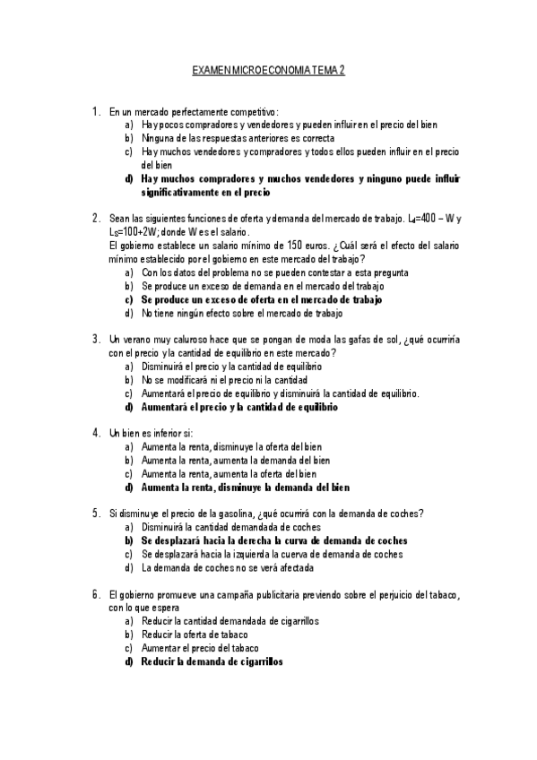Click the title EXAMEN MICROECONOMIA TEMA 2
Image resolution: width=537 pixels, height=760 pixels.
pyautogui.click(x=268, y=69)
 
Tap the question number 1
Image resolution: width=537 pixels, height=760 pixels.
pyautogui.click(x=95, y=112)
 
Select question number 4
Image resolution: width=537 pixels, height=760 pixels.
pyautogui.click(x=95, y=432)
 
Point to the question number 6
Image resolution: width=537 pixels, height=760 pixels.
pyautogui.click(x=95, y=593)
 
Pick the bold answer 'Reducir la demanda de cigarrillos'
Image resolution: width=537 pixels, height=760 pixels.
pyautogui.click(x=212, y=661)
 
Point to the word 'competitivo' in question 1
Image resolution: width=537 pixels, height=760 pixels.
pyautogui.click(x=254, y=112)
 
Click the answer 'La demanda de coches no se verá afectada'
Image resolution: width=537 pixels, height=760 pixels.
pyautogui.click(x=228, y=567)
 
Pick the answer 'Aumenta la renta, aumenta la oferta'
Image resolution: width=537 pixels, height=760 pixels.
pyautogui.click(x=229, y=473)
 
